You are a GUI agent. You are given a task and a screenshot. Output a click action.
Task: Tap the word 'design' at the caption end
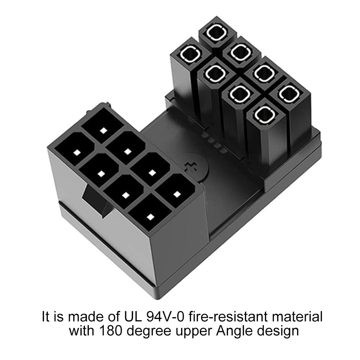(x=277, y=331)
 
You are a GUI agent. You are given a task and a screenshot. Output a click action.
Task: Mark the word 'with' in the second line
(x=82, y=331)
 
